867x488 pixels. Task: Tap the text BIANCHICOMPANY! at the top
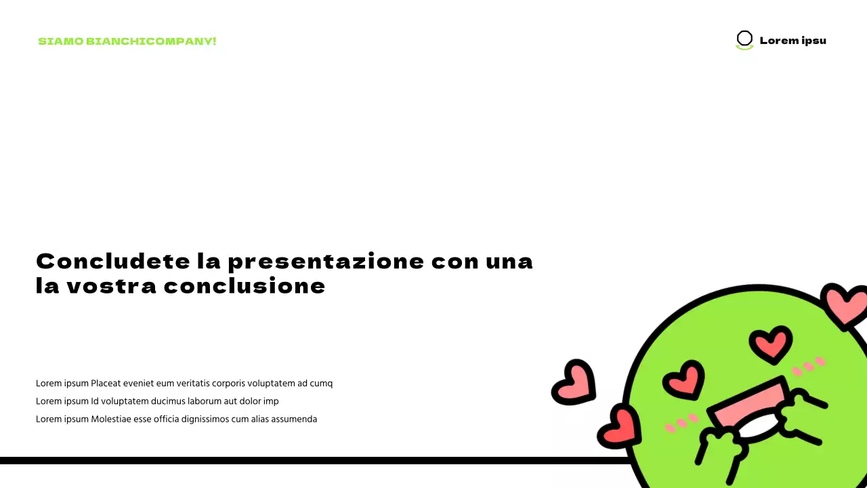pyautogui.click(x=151, y=41)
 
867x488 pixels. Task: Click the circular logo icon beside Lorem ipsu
pyautogui.click(x=744, y=39)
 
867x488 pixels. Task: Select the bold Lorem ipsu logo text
pyautogui.click(x=792, y=41)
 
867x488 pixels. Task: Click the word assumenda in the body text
pyautogui.click(x=294, y=419)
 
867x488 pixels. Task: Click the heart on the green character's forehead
pyautogui.click(x=770, y=344)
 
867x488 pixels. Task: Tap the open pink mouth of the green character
pyautogui.click(x=748, y=410)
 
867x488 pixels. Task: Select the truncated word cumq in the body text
pyautogui.click(x=321, y=384)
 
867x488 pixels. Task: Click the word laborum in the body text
pyautogui.click(x=206, y=401)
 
